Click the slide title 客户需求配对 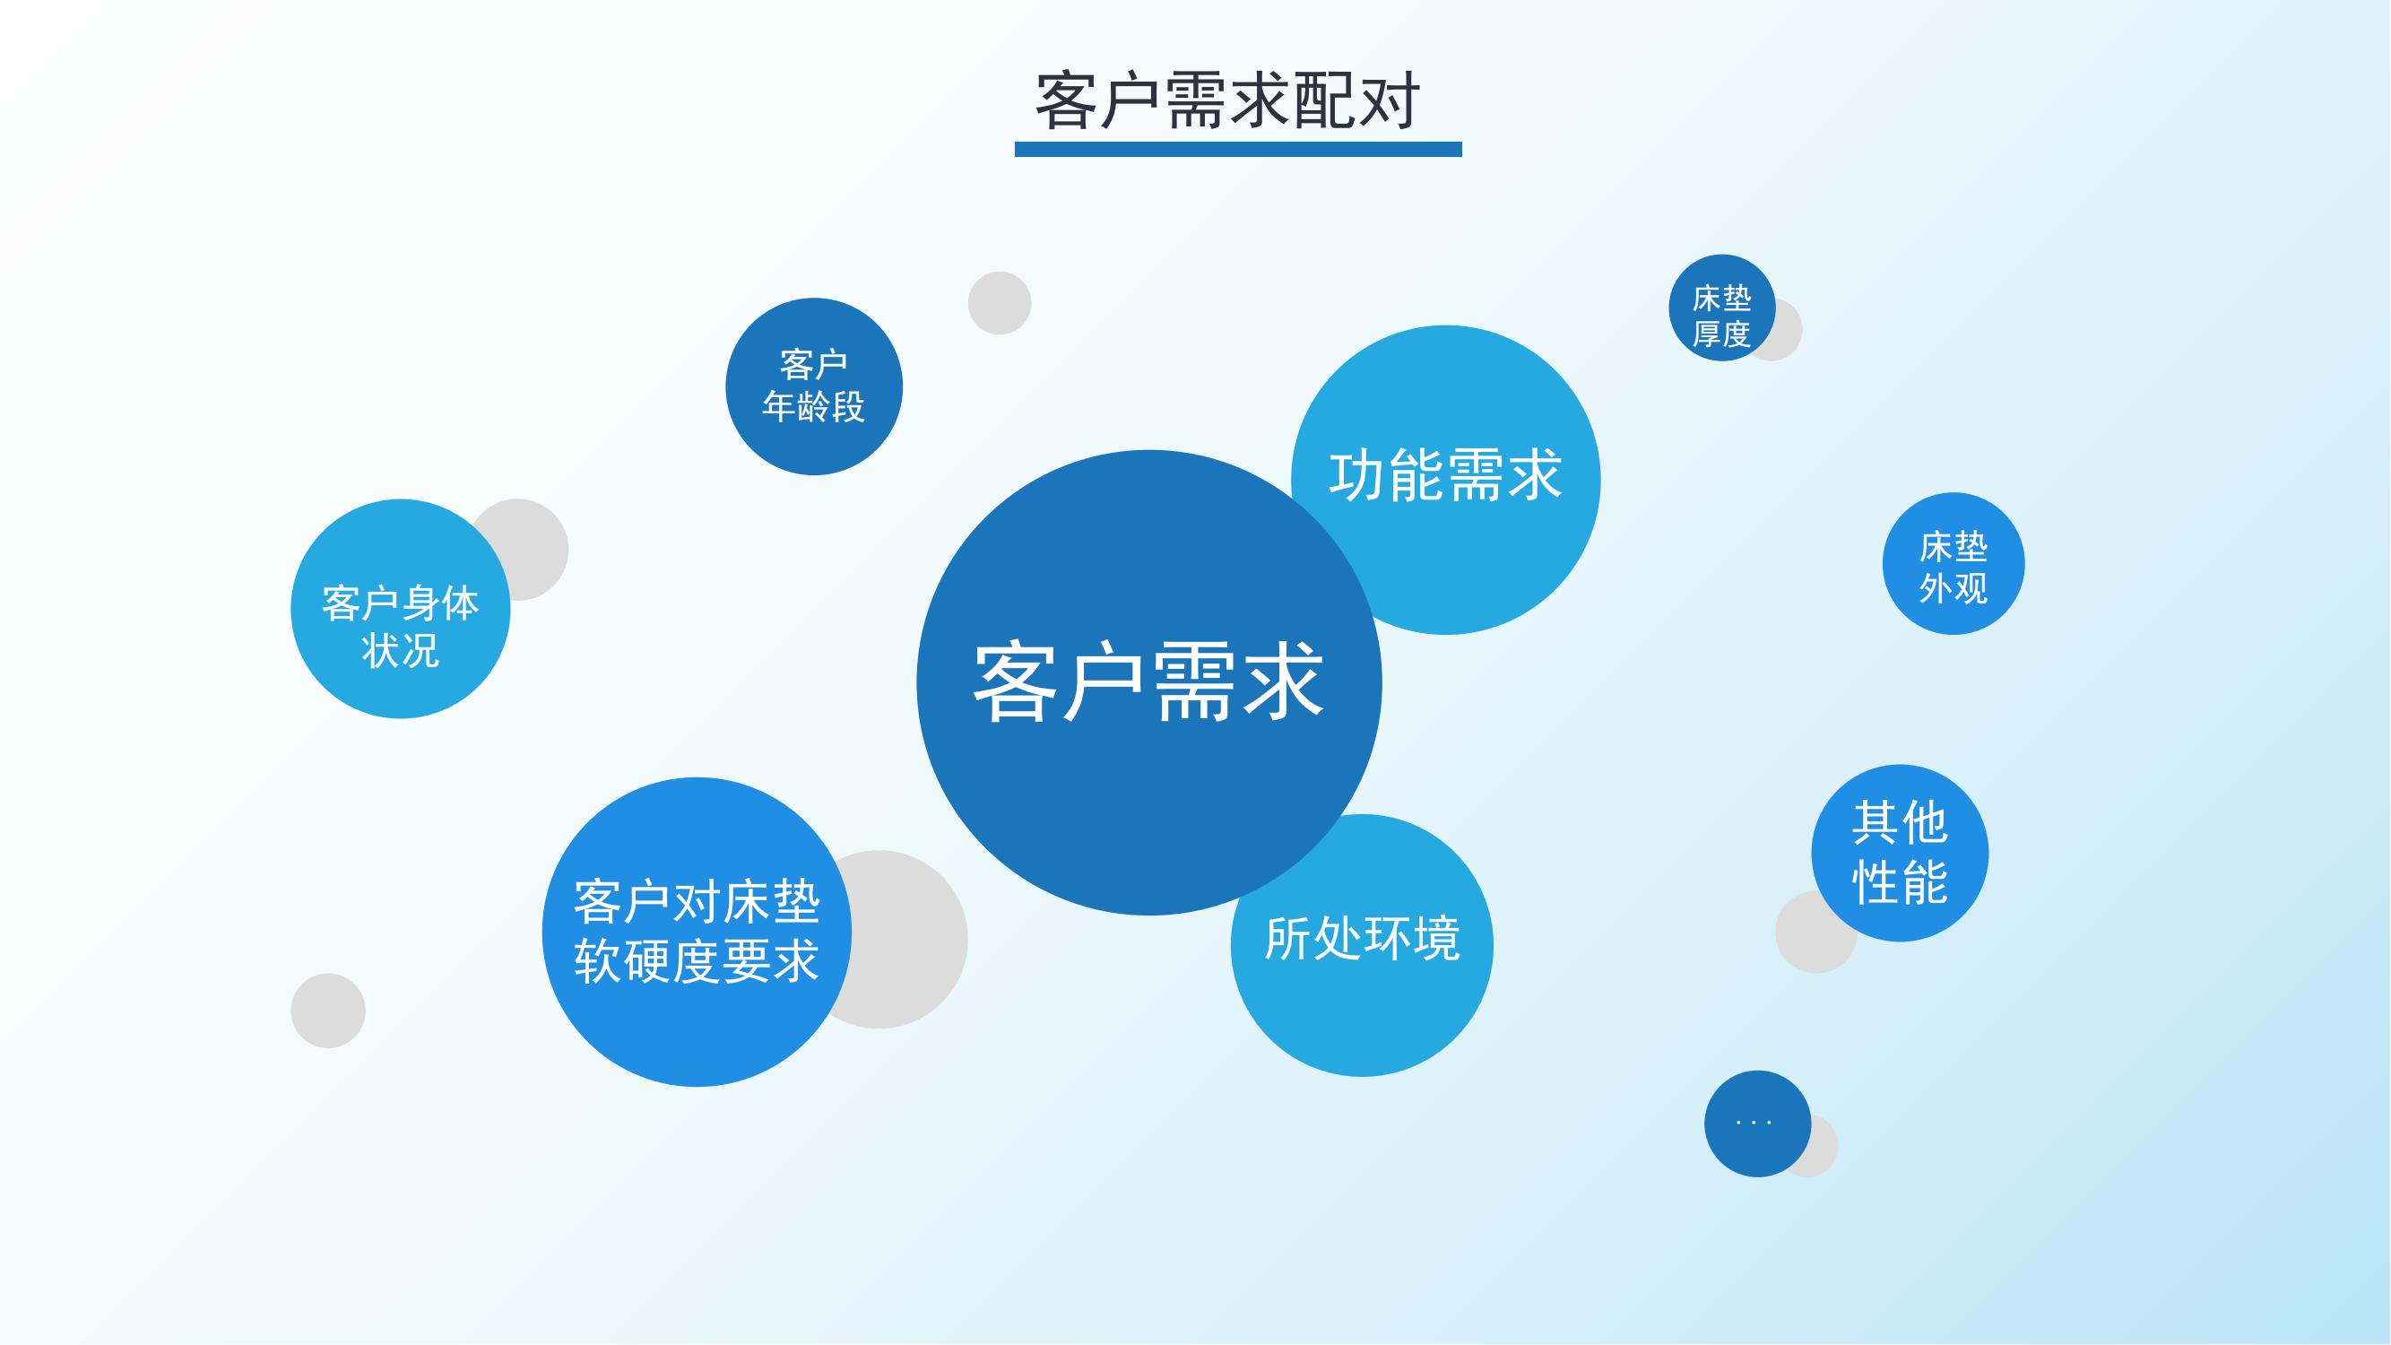pyautogui.click(x=1227, y=100)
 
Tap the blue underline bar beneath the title pyautogui.click(x=1238, y=150)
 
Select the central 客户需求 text pyautogui.click(x=1148, y=682)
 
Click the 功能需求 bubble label pyautogui.click(x=1445, y=475)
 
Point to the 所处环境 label pyautogui.click(x=1362, y=938)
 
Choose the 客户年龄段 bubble pyautogui.click(x=814, y=386)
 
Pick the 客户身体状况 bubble pyautogui.click(x=400, y=608)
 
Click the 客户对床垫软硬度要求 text pyautogui.click(x=697, y=931)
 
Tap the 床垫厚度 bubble pyautogui.click(x=1722, y=308)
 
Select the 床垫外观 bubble pyautogui.click(x=1953, y=563)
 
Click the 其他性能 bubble pyautogui.click(x=1899, y=852)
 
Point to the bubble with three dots pyautogui.click(x=1757, y=1124)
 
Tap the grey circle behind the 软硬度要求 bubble pyautogui.click(x=905, y=940)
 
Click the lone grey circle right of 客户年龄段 pyautogui.click(x=1000, y=302)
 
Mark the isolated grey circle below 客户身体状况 pyautogui.click(x=327, y=1010)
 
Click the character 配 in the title pyautogui.click(x=1322, y=100)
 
